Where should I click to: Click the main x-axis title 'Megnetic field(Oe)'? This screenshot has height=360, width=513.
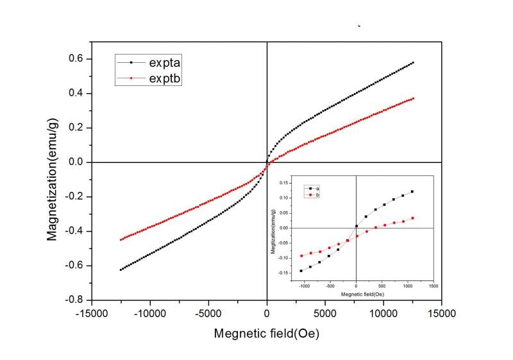[x=267, y=334]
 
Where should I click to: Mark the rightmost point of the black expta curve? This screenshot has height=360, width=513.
[x=413, y=63]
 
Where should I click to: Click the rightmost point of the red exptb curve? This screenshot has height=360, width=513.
[x=413, y=98]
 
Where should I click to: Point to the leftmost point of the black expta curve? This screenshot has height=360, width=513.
[x=121, y=270]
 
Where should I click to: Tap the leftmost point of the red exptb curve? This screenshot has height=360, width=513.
[x=121, y=240]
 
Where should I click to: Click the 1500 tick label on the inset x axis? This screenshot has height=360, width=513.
[x=433, y=286]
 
